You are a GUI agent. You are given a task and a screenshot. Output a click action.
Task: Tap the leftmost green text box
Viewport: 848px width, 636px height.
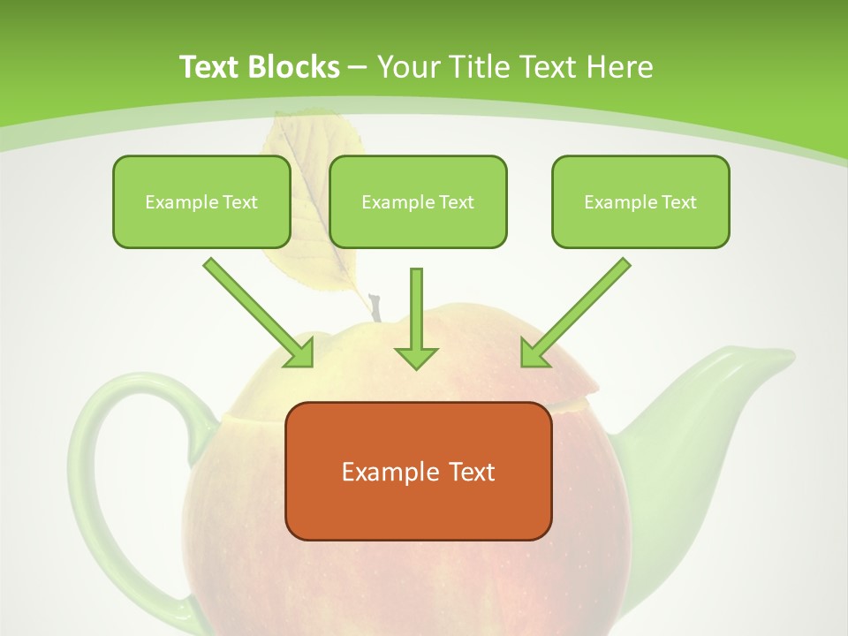pyautogui.click(x=201, y=201)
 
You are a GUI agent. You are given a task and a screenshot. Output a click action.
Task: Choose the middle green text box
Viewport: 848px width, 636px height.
pyautogui.click(x=418, y=201)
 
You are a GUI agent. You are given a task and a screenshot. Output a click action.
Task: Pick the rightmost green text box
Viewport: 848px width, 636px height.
pyautogui.click(x=640, y=201)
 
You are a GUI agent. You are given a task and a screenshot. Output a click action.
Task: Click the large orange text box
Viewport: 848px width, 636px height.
pyautogui.click(x=418, y=471)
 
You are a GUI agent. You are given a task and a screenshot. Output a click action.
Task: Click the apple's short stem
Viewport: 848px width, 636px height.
pyautogui.click(x=375, y=308)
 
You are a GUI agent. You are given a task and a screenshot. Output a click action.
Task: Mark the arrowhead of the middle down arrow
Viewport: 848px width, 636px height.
pyautogui.click(x=416, y=357)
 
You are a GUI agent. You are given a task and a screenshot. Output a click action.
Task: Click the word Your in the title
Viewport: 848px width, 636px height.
pyautogui.click(x=407, y=67)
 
